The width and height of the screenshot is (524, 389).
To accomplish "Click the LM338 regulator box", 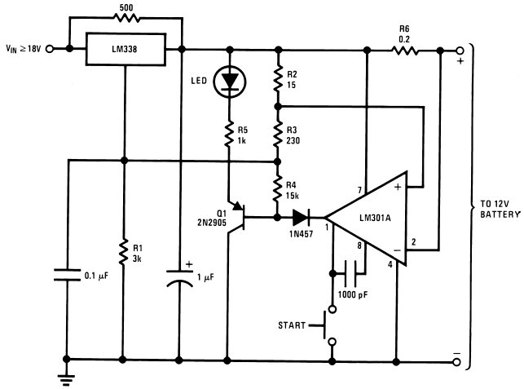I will (x=125, y=48).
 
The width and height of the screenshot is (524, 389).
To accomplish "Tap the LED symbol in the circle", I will (x=229, y=80).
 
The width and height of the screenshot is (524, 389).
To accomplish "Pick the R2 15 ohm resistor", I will (x=278, y=79).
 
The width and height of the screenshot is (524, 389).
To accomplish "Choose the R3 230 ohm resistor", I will (x=278, y=132).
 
